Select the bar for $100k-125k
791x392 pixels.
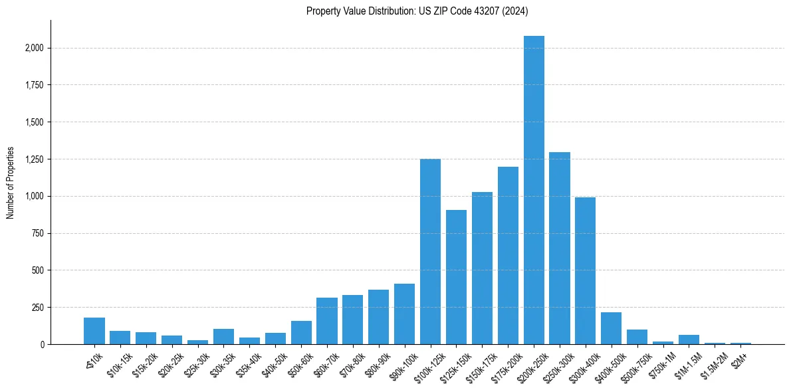[x=430, y=252]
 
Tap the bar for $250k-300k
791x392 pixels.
[x=560, y=248]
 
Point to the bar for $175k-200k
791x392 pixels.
[x=508, y=256]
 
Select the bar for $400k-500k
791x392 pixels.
[x=612, y=328]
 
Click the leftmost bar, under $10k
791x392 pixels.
[x=94, y=331]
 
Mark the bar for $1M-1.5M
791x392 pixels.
[x=689, y=340]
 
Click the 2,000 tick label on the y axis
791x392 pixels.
[x=35, y=48]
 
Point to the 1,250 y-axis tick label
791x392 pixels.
[x=35, y=159]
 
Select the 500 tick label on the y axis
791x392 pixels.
[x=39, y=270]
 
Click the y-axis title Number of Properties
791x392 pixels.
[x=11, y=183]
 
